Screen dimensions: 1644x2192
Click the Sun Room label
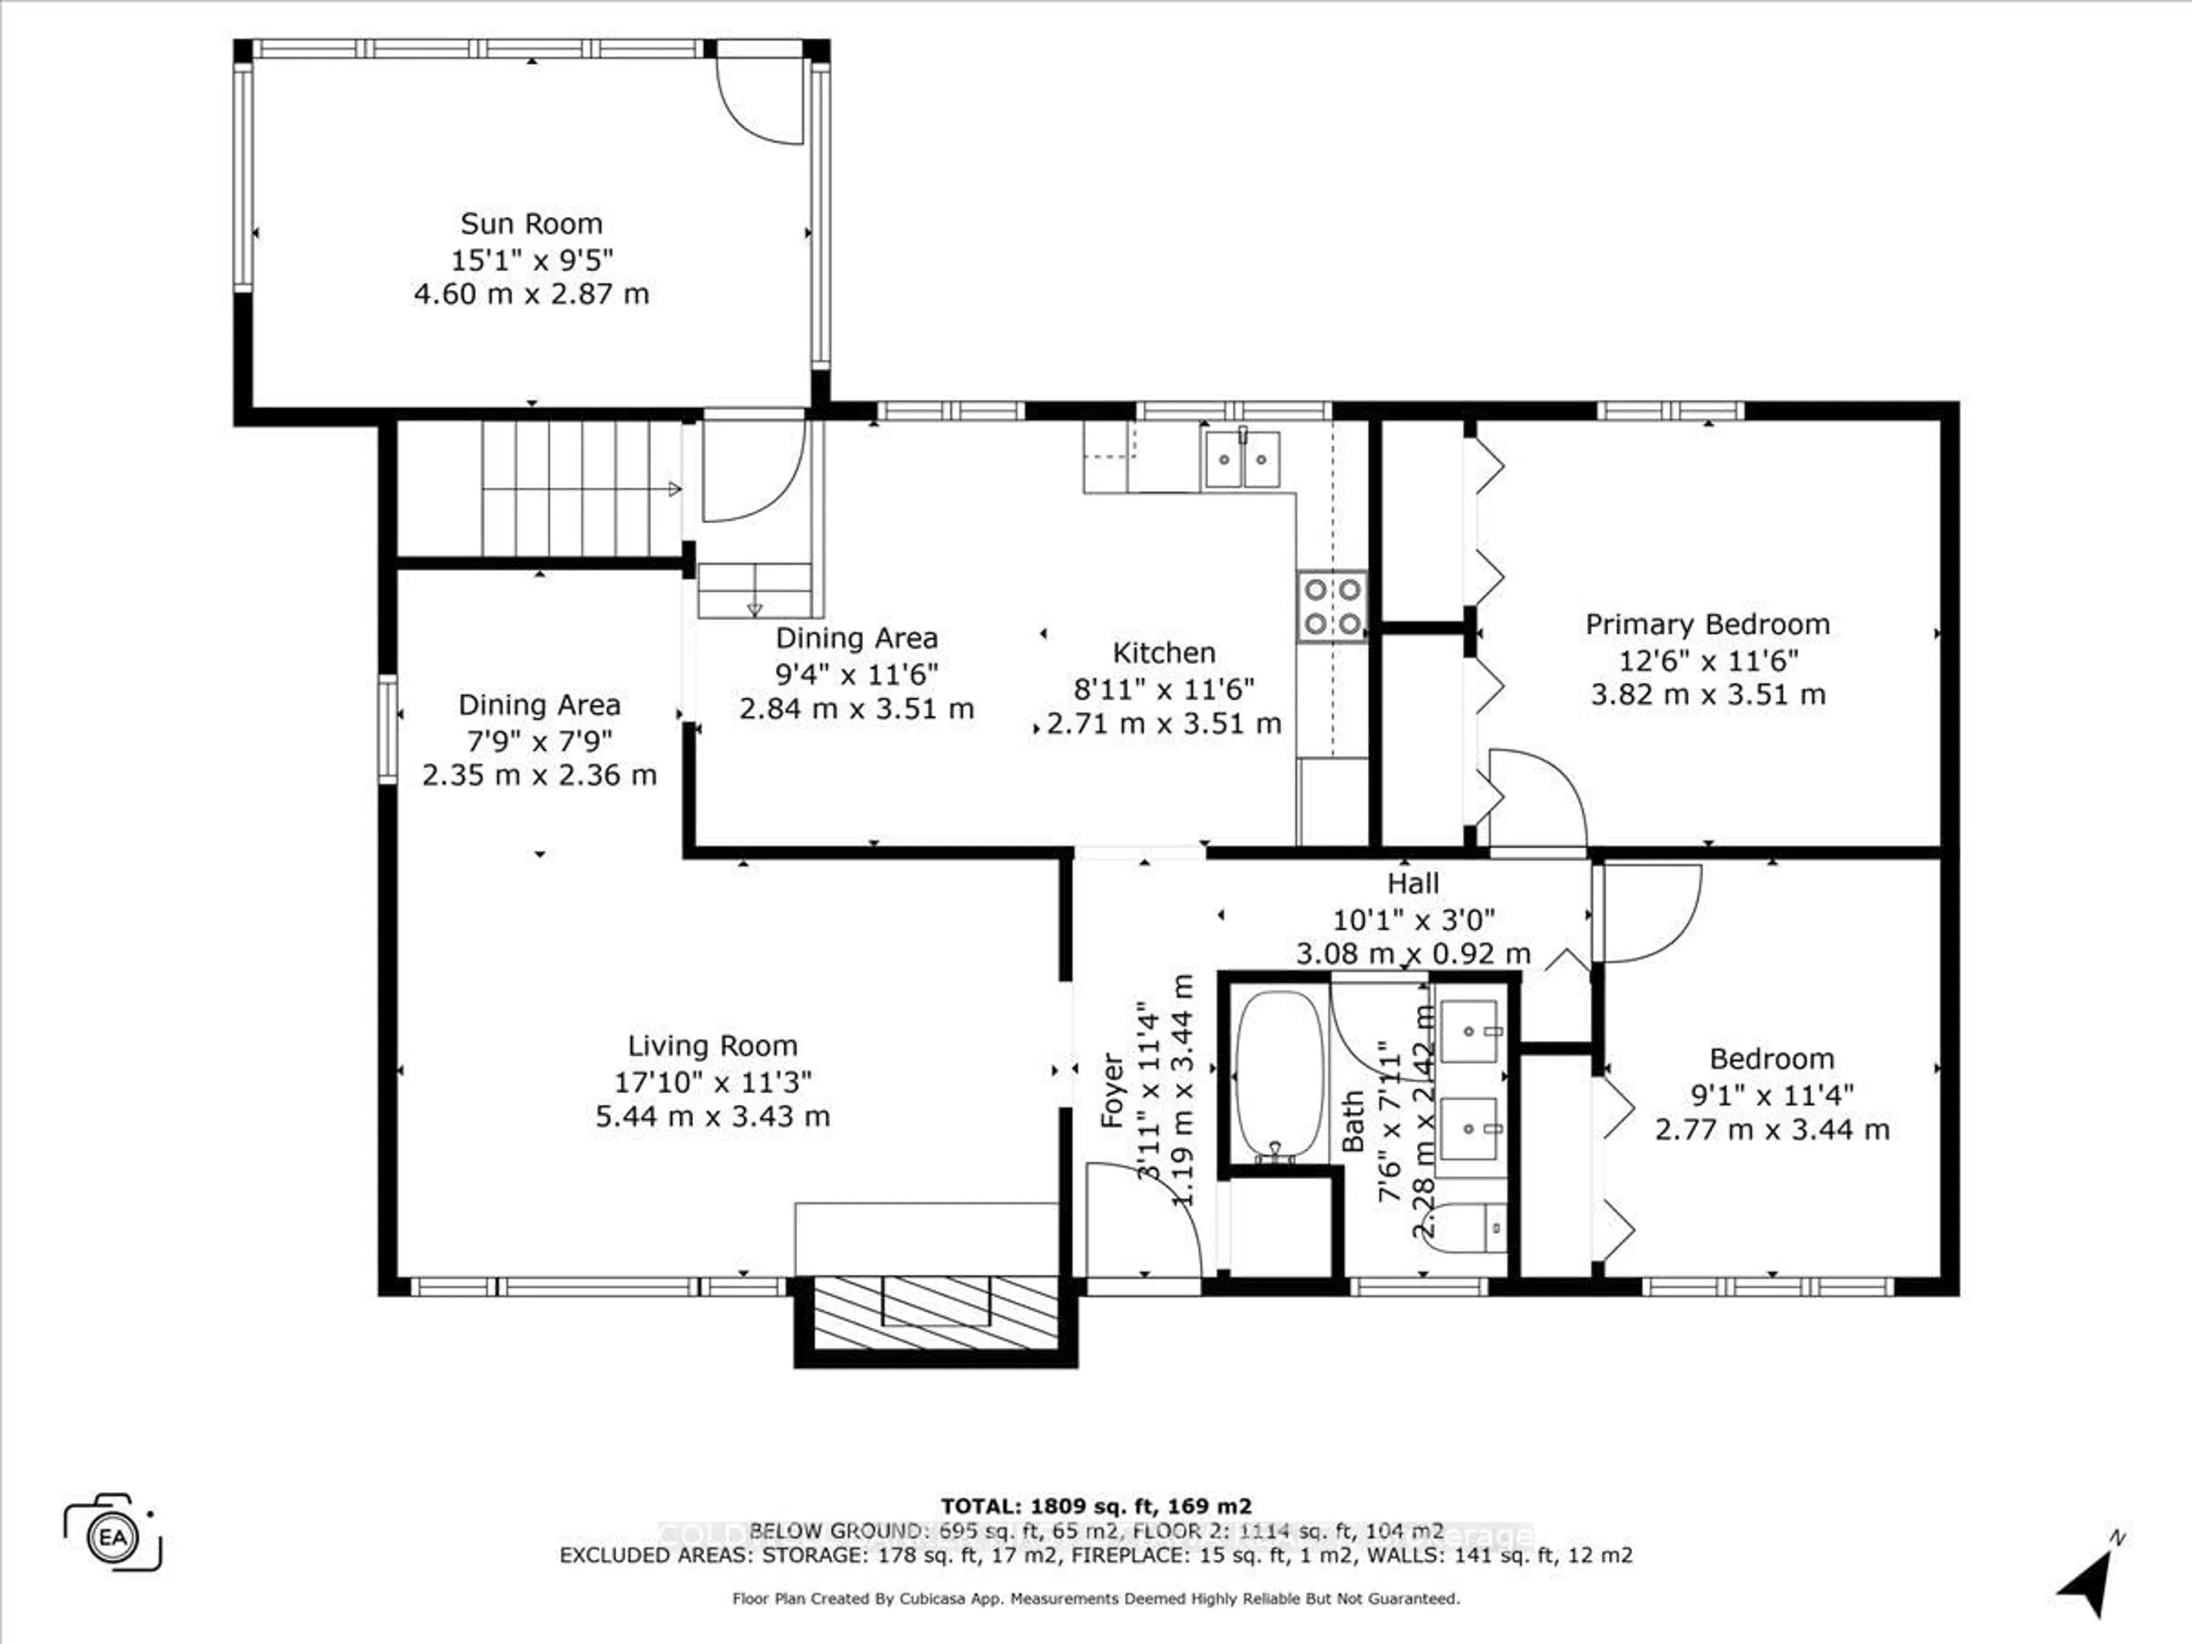(x=531, y=224)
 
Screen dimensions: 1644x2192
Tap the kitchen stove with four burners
(x=1332, y=606)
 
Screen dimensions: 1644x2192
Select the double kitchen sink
(x=1240, y=459)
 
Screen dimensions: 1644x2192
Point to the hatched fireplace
(x=937, y=1313)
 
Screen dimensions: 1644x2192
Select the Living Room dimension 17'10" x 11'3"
(x=712, y=1081)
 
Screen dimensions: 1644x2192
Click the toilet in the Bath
(x=1466, y=1230)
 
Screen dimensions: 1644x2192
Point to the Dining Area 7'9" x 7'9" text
(x=539, y=740)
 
